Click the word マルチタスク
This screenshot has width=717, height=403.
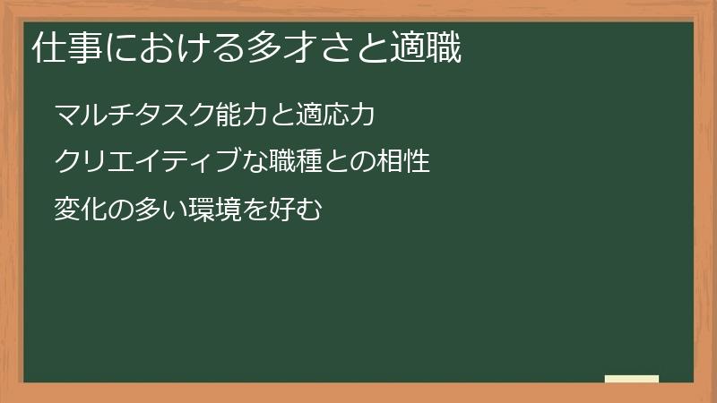pos(134,116)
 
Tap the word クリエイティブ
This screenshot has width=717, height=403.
pos(148,163)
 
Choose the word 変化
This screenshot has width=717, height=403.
pos(81,210)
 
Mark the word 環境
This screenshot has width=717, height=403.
pos(216,210)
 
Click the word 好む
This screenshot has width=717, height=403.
pos(295,210)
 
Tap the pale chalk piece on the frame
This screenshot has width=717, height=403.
pos(632,379)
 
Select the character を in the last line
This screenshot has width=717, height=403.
pos(255,210)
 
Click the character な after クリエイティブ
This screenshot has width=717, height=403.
pos(256,163)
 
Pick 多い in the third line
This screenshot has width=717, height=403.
pos(162,210)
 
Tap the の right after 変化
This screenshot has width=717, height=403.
pos(122,210)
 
